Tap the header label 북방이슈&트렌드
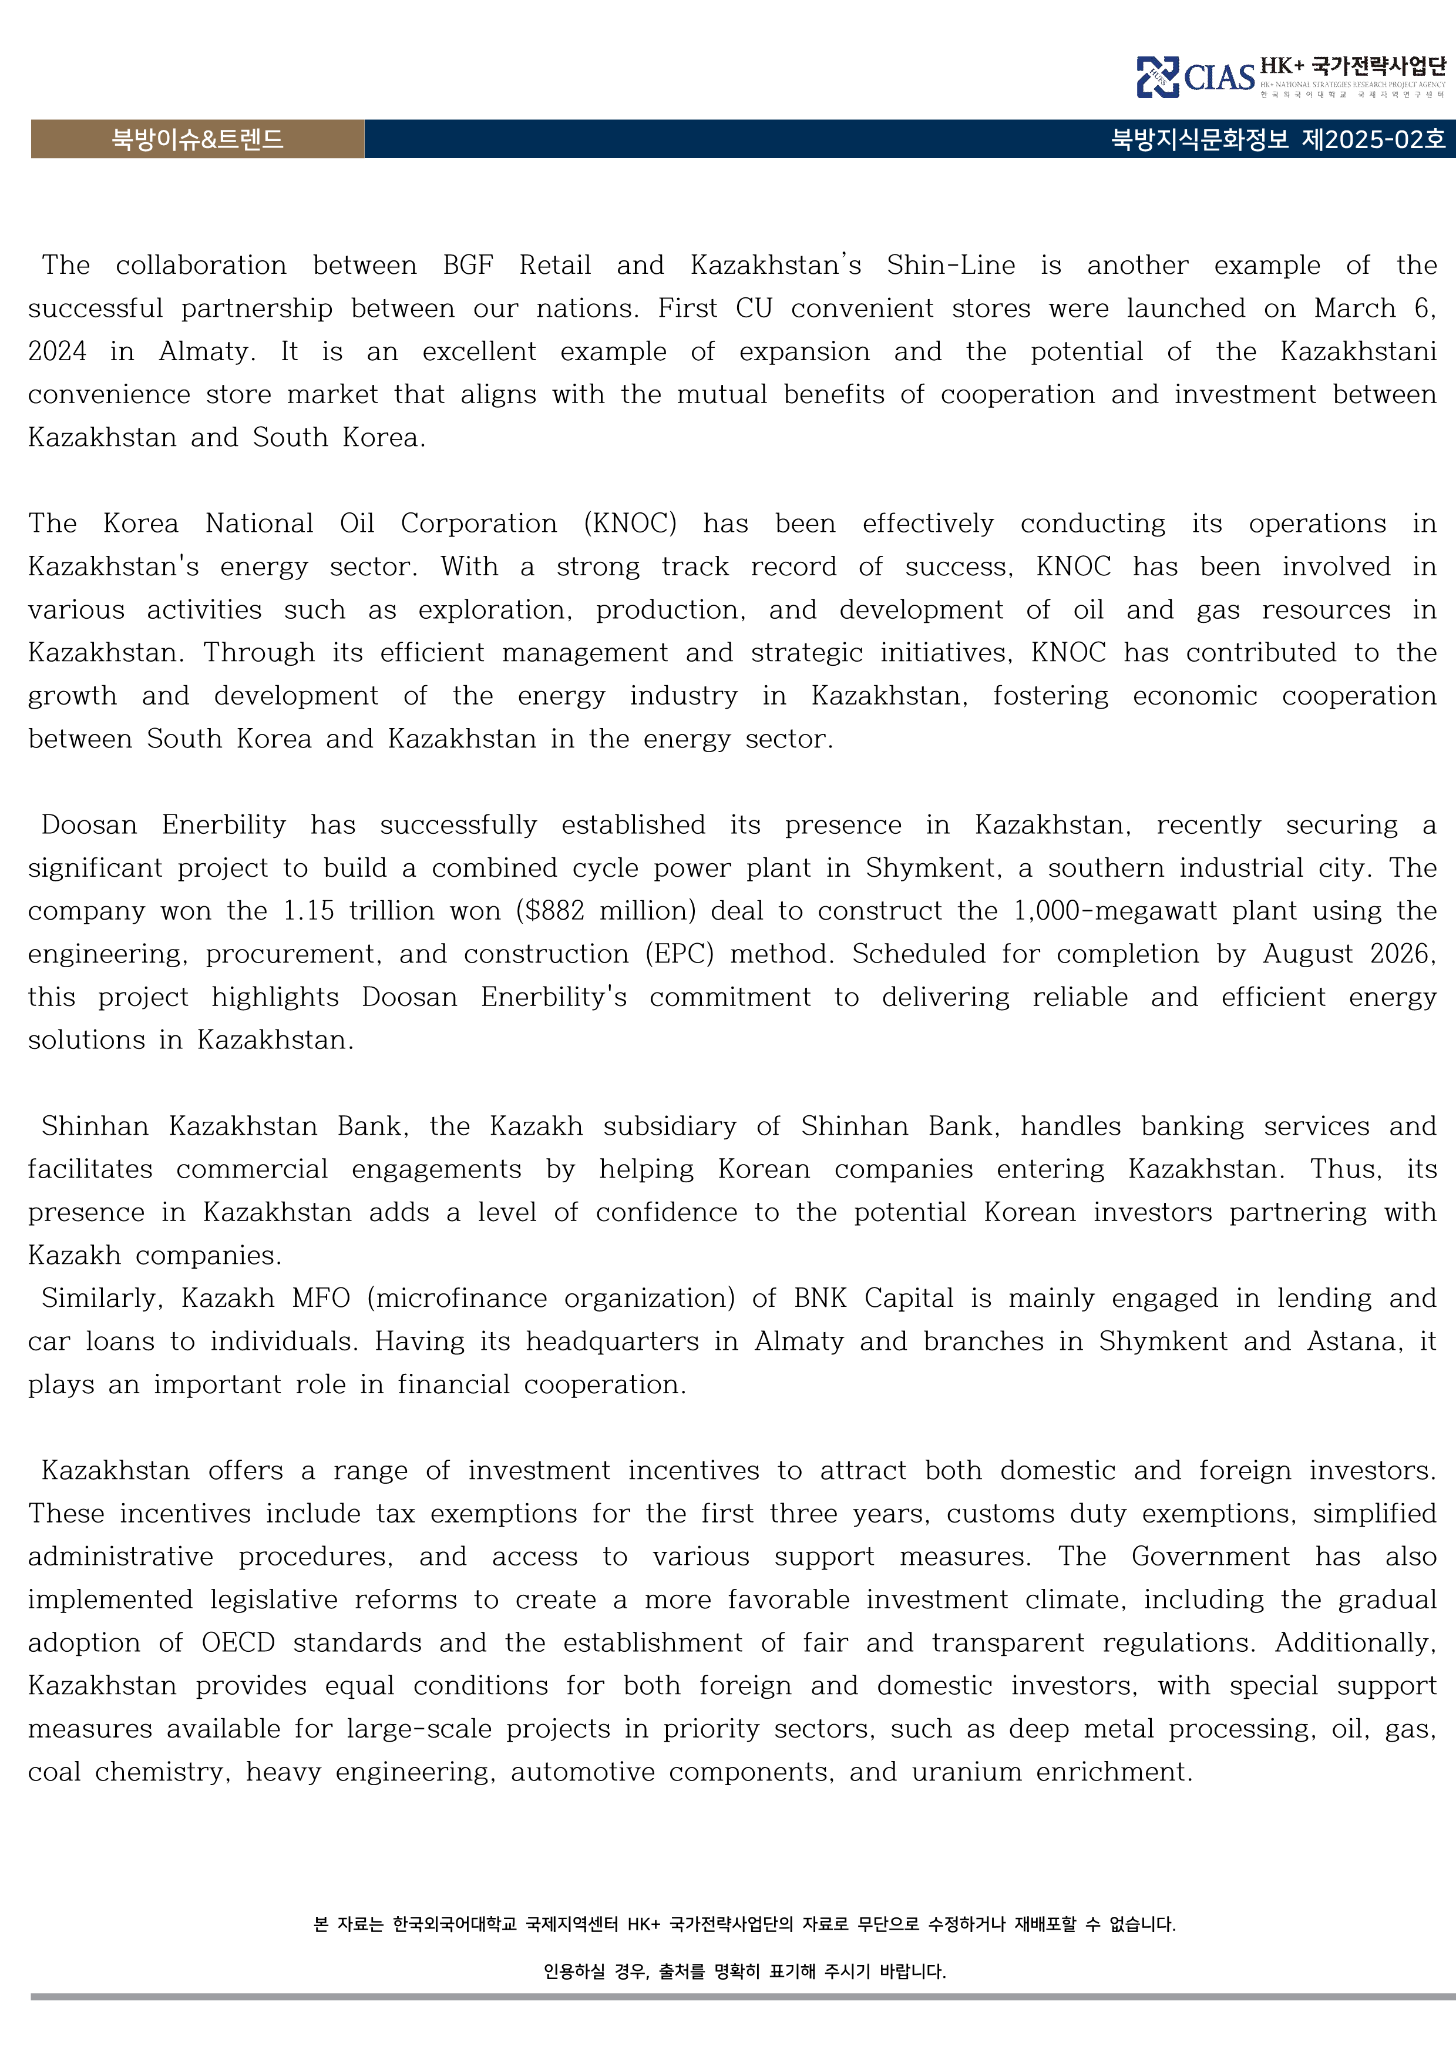[x=197, y=139]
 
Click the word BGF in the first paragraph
[x=468, y=266]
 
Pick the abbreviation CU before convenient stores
[x=754, y=308]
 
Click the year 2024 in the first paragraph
[x=58, y=351]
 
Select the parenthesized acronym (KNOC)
[x=630, y=524]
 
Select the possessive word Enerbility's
[x=553, y=997]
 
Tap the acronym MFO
[x=320, y=1299]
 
